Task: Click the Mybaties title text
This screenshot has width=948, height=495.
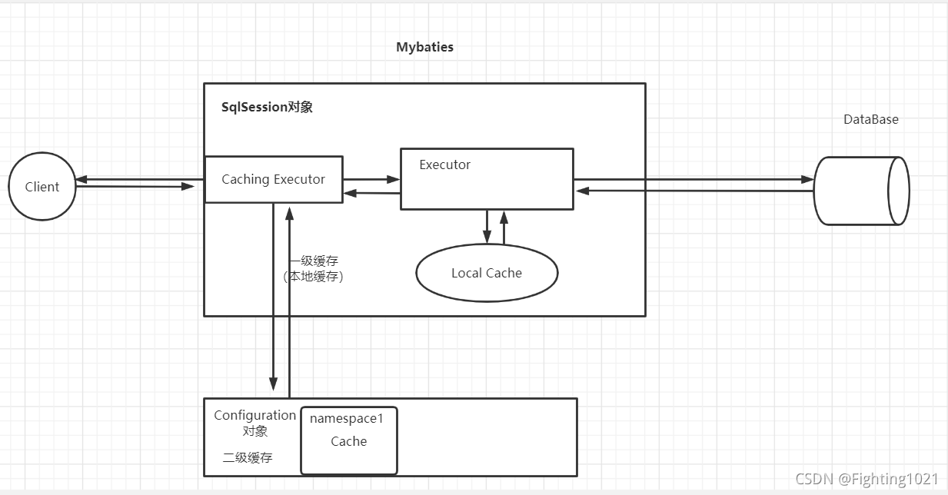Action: (424, 47)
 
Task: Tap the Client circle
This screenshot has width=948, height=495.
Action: (42, 187)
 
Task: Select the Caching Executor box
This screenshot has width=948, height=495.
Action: (273, 179)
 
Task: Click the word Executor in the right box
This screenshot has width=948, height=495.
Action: (444, 164)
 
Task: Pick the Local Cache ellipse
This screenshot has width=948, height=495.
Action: (486, 273)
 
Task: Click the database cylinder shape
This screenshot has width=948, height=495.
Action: (861, 191)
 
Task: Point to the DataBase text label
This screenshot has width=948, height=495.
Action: (870, 119)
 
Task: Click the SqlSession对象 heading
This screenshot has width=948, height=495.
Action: (267, 107)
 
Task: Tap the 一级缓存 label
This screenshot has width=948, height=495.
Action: (314, 261)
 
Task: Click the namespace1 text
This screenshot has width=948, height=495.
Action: (346, 418)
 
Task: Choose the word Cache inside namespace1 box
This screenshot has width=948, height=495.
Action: (348, 441)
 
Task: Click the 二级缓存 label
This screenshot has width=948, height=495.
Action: (248, 457)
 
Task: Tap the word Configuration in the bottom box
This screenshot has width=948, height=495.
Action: (254, 415)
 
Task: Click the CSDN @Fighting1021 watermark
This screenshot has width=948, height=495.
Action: (867, 479)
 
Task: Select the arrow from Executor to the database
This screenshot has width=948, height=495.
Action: (692, 179)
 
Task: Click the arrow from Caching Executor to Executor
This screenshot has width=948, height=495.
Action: (371, 179)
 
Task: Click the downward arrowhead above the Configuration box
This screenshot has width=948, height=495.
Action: (273, 384)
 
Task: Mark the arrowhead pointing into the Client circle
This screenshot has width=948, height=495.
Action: (81, 179)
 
